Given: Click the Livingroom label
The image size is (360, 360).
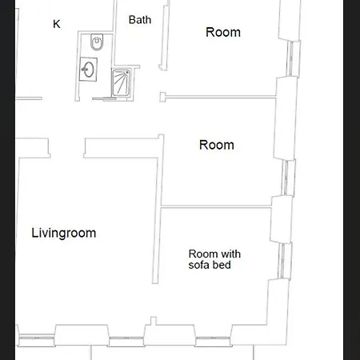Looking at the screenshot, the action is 64,234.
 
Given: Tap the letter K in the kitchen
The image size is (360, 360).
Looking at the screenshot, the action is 57,24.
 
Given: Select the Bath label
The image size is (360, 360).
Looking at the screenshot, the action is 140,20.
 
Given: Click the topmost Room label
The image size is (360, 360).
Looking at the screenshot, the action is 223,32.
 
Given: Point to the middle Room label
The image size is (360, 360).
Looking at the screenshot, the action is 217,145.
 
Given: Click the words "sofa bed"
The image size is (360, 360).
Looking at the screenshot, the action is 210,265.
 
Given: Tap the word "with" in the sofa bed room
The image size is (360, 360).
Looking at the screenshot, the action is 230,254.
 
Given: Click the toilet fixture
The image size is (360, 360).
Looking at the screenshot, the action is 97,42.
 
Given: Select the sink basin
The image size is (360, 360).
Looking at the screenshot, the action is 88,69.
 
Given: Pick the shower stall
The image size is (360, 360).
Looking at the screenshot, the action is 122,82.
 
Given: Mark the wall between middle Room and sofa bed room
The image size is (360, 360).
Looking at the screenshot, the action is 216,206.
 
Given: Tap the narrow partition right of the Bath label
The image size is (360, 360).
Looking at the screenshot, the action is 165,38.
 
